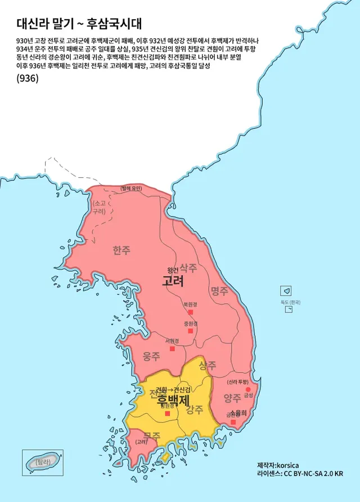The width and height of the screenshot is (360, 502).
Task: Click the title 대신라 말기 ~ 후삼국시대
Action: click(79, 23)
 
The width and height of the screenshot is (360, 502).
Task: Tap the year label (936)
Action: click(28, 79)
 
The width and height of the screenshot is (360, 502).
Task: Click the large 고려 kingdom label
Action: click(173, 281)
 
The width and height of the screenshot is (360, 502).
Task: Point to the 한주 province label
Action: click(121, 250)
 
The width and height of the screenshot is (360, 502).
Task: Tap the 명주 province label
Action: click(219, 291)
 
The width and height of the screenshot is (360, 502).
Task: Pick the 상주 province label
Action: click(208, 365)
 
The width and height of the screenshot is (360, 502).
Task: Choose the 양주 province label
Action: click(232, 398)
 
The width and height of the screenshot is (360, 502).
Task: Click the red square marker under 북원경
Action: click(190, 312)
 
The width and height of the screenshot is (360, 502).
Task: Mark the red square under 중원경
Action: click(190, 331)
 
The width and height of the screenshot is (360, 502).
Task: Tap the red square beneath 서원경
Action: click(172, 349)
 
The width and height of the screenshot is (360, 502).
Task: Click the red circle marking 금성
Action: click(248, 389)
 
